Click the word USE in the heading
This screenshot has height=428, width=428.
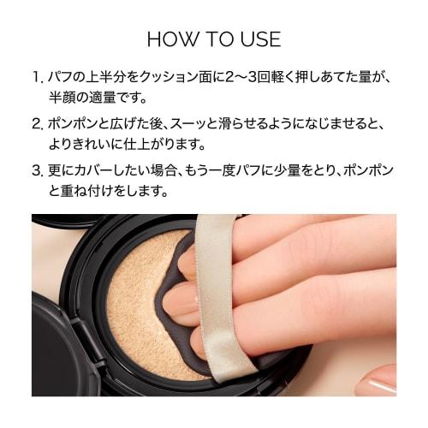[258, 40]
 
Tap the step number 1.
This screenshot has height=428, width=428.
[37, 78]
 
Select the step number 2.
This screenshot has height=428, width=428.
[37, 123]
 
